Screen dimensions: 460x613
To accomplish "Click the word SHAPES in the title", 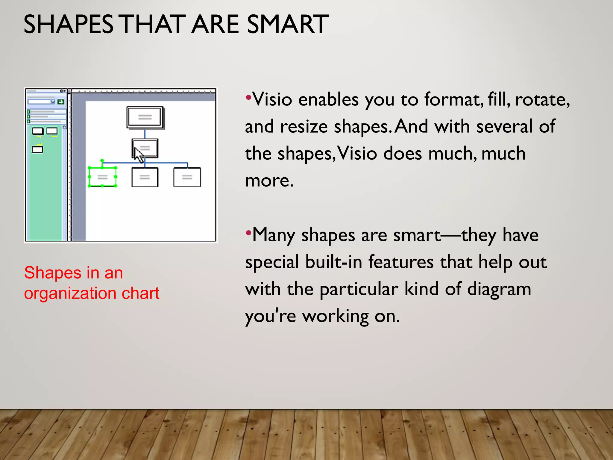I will point(68,25).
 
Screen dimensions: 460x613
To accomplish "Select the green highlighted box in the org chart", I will point(102,177).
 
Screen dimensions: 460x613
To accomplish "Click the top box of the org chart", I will point(145,117).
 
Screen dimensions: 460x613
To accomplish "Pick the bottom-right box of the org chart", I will point(187,177).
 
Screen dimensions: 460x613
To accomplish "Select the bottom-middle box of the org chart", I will point(145,177).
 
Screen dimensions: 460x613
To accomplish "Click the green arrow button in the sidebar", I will point(61,102).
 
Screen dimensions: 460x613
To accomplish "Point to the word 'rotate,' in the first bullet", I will point(542,100).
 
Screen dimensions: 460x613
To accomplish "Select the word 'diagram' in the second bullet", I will point(499,289).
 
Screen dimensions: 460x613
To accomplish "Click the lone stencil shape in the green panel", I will point(37,149).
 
